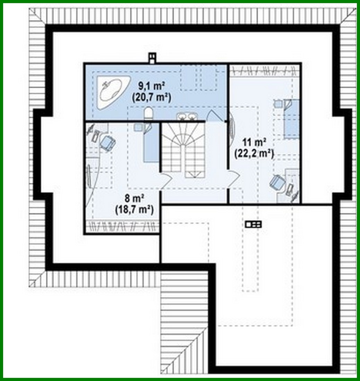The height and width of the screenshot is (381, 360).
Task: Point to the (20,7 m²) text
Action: (152, 98)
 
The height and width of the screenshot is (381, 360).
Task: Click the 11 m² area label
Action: (255, 142)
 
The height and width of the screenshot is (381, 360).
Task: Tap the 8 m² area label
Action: (135, 198)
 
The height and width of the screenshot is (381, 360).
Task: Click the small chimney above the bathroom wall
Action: (152, 58)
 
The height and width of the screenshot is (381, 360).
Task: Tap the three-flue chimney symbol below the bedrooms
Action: (254, 225)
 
